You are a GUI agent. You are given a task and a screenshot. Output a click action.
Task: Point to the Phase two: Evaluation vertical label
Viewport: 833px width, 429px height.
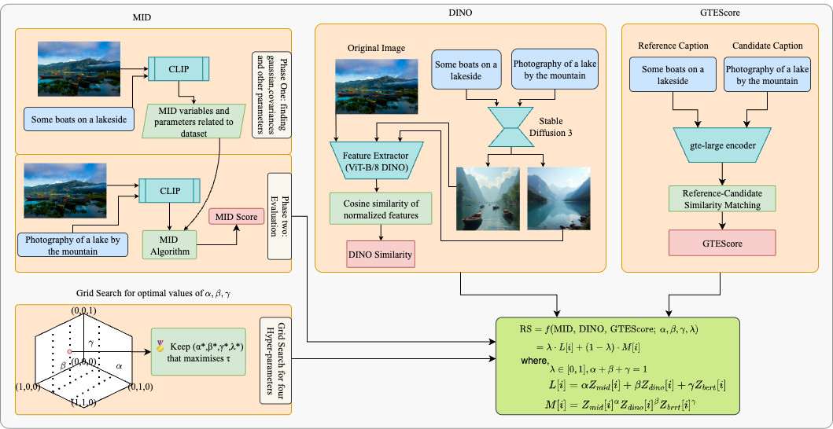[x=279, y=215]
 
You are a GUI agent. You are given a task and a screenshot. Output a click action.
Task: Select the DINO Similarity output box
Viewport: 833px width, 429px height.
[x=381, y=255]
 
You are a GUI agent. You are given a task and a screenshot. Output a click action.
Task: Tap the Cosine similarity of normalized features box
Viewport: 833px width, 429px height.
[x=381, y=208]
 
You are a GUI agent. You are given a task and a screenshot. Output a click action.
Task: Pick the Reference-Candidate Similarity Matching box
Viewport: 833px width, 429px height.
[x=721, y=198]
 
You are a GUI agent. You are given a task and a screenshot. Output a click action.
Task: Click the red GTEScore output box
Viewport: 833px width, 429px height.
[x=721, y=244]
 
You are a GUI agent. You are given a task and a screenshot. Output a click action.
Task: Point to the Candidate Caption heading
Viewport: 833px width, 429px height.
[x=766, y=46]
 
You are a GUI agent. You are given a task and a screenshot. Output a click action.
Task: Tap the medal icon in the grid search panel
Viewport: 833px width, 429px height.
[x=161, y=344]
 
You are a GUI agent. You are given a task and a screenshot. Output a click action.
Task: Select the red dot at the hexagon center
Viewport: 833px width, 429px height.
[x=70, y=350]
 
